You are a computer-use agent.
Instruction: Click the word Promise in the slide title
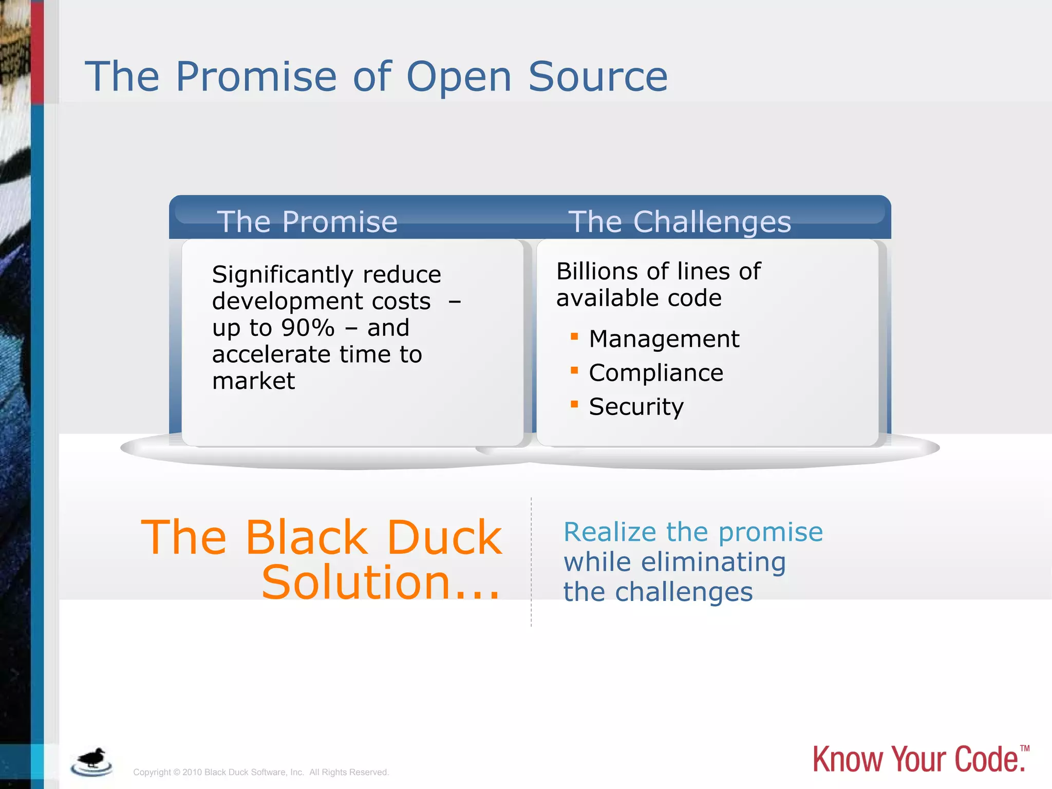[x=256, y=77]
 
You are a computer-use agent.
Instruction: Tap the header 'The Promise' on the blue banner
[x=307, y=222]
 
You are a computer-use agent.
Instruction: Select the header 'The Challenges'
[x=679, y=222]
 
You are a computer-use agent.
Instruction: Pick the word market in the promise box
[x=253, y=381]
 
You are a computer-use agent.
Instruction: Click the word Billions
[x=597, y=271]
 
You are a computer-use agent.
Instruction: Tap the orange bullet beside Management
[x=574, y=337]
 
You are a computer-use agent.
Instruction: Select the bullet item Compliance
[x=655, y=373]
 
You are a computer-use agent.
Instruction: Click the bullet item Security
[x=636, y=407]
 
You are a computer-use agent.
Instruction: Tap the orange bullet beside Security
[x=574, y=404]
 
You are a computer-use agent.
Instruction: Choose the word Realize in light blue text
[x=610, y=532]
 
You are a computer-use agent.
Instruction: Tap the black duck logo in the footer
[x=91, y=761]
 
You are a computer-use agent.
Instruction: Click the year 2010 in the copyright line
[x=192, y=772]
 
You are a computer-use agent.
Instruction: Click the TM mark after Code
[x=1024, y=748]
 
